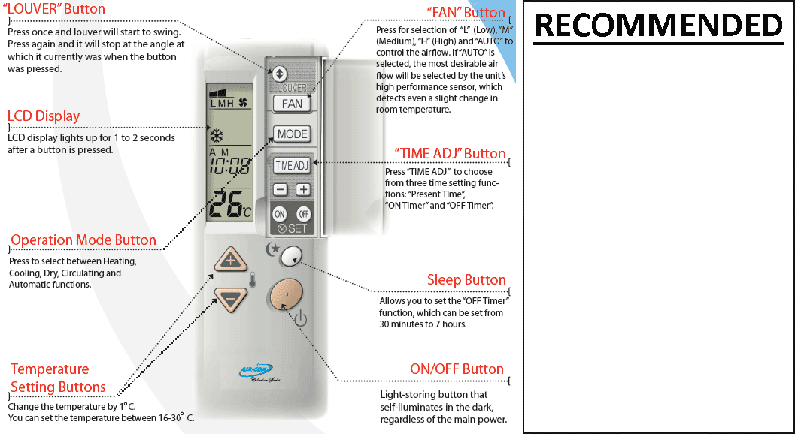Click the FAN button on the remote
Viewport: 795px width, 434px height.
pyautogui.click(x=292, y=104)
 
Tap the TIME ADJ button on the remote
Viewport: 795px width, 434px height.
pyautogui.click(x=292, y=165)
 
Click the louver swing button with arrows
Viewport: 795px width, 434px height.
pyautogui.click(x=280, y=74)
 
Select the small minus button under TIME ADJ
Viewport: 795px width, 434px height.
pyautogui.click(x=280, y=190)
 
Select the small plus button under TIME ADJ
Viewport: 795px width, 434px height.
pyautogui.click(x=302, y=190)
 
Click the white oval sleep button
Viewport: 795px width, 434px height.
pyautogui.click(x=290, y=258)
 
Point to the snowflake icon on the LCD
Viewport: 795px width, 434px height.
pyautogui.click(x=217, y=137)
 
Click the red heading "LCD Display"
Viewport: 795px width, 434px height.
pyautogui.click(x=44, y=116)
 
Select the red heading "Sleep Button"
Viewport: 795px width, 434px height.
pyautogui.click(x=466, y=280)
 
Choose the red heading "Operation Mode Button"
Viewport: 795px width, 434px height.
pyautogui.click(x=83, y=240)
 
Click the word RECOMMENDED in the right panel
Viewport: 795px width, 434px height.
pyautogui.click(x=658, y=26)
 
